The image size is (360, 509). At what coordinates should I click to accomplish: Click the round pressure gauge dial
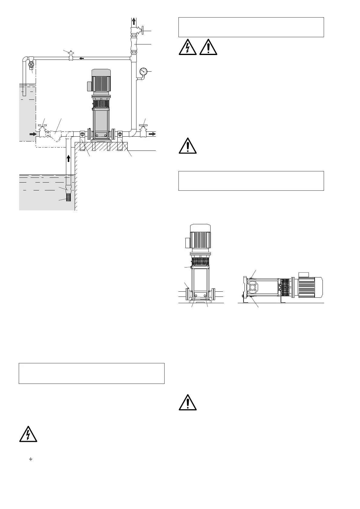(x=143, y=72)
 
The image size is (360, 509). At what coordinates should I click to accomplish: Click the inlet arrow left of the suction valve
(x=32, y=133)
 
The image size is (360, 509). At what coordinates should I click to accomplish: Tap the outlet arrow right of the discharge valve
(x=152, y=134)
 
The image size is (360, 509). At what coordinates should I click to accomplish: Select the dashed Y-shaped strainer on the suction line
(x=55, y=135)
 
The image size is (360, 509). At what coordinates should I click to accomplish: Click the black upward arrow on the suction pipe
(x=69, y=158)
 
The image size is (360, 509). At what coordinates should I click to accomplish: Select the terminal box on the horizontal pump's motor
(x=303, y=274)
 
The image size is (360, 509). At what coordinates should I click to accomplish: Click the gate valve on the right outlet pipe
(x=143, y=132)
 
